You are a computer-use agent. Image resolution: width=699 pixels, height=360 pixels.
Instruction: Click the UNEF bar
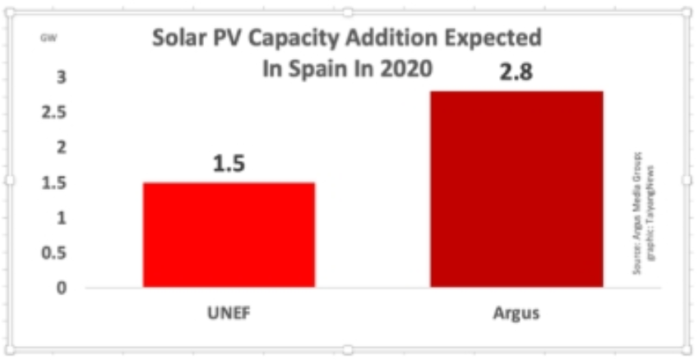(x=229, y=235)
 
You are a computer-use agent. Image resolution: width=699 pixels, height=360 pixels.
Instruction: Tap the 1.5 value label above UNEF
(x=229, y=164)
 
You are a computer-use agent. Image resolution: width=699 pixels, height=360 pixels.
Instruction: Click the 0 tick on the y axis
(x=60, y=288)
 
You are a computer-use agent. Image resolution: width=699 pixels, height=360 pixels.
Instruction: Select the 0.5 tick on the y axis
(x=54, y=253)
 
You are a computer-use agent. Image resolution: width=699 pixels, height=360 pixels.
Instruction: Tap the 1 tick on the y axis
(x=60, y=218)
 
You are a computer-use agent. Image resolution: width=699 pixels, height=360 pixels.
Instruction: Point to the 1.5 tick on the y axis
(x=54, y=182)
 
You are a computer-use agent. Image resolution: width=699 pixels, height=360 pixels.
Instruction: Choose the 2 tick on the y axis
(x=60, y=147)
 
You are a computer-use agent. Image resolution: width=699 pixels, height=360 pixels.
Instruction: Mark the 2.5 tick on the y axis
(x=54, y=112)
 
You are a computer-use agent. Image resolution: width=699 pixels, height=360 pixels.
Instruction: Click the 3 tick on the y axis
(x=60, y=77)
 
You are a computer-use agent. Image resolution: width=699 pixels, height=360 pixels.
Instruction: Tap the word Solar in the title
(x=175, y=39)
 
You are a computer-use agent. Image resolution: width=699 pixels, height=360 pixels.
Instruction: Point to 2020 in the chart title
(x=404, y=68)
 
